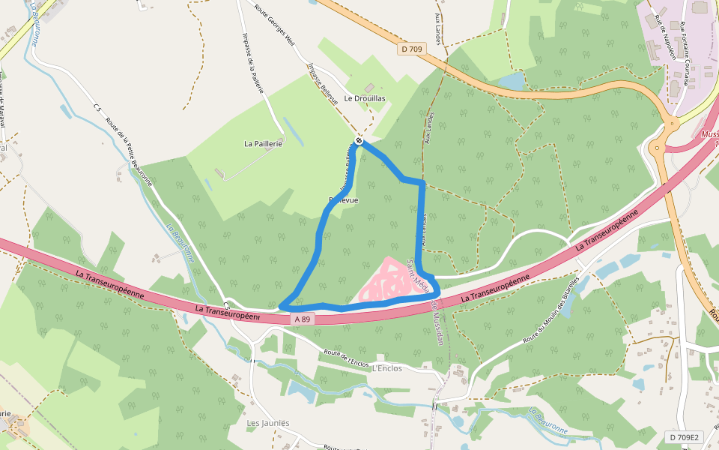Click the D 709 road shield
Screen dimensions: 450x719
coord(411,49)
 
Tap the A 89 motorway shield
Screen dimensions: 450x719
coord(302,319)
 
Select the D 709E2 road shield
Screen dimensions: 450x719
coord(683,437)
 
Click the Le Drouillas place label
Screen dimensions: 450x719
coord(365,98)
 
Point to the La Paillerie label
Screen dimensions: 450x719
coord(264,143)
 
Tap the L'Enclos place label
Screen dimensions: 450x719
coord(386,368)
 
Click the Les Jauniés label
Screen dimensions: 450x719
coord(268,423)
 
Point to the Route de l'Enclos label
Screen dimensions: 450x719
coord(346,358)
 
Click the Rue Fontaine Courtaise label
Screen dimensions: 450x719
coord(685,52)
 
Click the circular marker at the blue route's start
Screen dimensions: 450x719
coord(359,140)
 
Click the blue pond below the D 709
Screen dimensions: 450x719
coord(512,80)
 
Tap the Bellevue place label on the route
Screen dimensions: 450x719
coord(343,200)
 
